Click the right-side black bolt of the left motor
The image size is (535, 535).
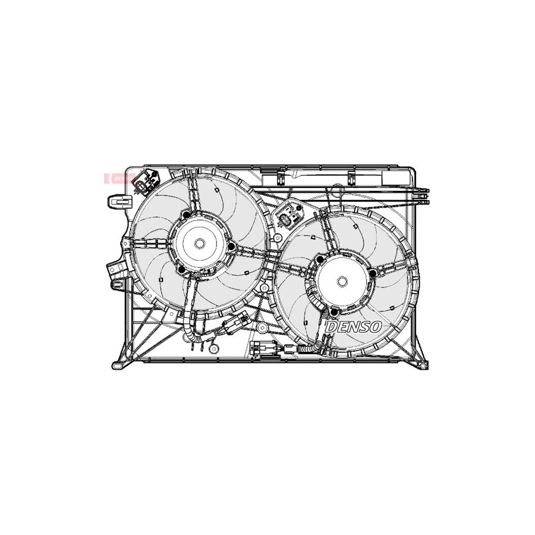(x=230, y=246)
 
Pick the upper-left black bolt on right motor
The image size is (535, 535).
(x=320, y=259)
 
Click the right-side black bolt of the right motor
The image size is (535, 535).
(x=373, y=273)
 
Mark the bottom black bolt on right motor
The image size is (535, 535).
(x=334, y=313)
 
